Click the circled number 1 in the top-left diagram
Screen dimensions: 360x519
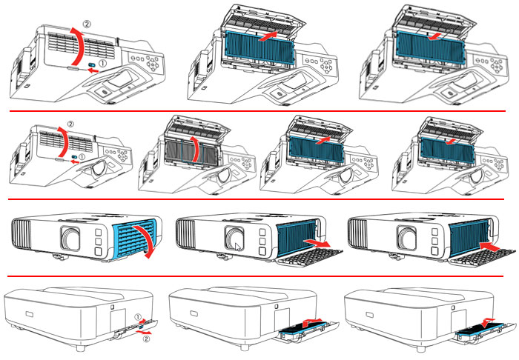102,65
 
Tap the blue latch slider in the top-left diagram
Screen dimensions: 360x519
91,66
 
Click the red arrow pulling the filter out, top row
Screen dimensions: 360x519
273,36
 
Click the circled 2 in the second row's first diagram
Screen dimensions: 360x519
70,122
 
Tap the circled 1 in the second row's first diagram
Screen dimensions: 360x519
85,157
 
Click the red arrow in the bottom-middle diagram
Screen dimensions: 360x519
313,321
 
